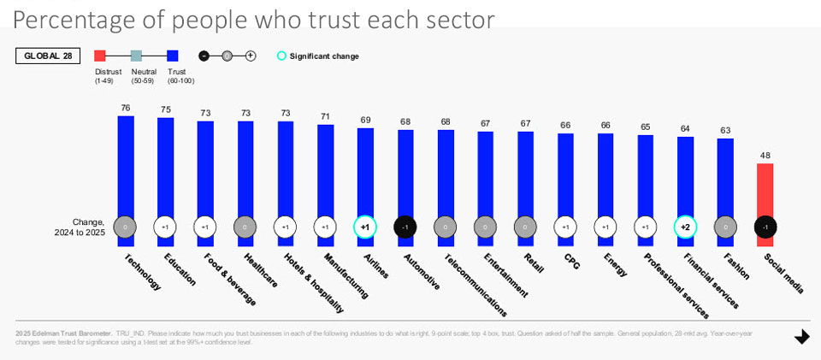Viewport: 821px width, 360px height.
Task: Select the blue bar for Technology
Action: pyautogui.click(x=126, y=162)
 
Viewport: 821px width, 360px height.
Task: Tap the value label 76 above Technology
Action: pyautogui.click(x=126, y=108)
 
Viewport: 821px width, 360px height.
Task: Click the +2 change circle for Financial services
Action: pyautogui.click(x=685, y=227)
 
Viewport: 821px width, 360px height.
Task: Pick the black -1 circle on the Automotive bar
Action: pyautogui.click(x=405, y=227)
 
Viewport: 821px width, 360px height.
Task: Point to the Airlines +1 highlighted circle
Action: pyautogui.click(x=365, y=227)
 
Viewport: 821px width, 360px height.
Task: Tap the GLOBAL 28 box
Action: pyautogui.click(x=48, y=56)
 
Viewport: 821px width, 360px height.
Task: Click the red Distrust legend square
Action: pyautogui.click(x=100, y=56)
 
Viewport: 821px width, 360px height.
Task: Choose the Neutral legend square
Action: pyautogui.click(x=137, y=56)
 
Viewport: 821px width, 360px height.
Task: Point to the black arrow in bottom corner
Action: pyautogui.click(x=801, y=337)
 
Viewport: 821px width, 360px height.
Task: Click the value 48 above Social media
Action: pyautogui.click(x=765, y=156)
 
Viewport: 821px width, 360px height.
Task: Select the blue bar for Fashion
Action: pyautogui.click(x=725, y=175)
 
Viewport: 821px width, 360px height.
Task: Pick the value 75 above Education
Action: pyautogui.click(x=166, y=109)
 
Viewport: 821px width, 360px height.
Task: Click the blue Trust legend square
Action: pyautogui.click(x=173, y=56)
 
